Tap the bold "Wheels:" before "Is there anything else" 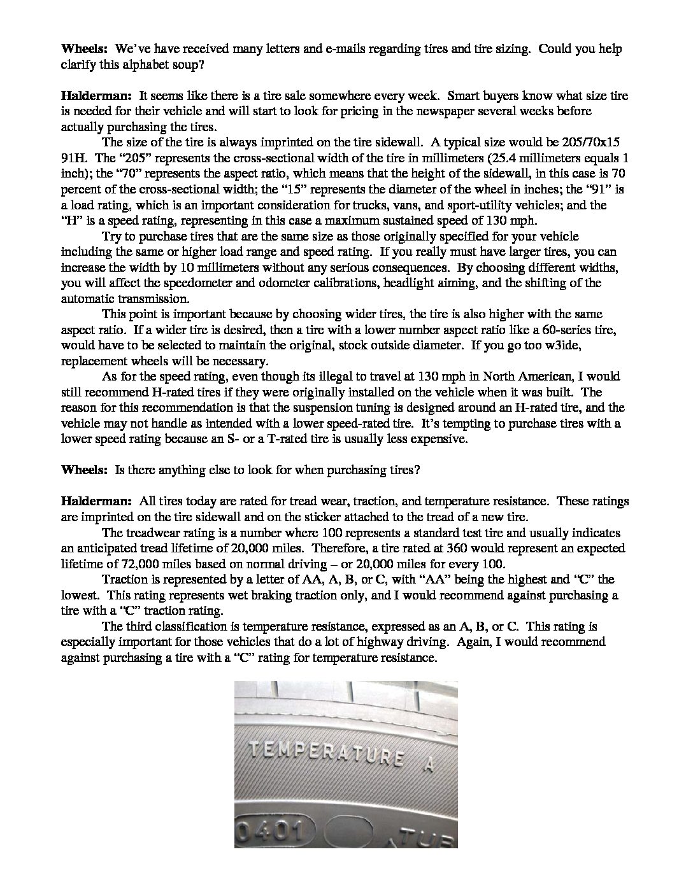click(x=85, y=470)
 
